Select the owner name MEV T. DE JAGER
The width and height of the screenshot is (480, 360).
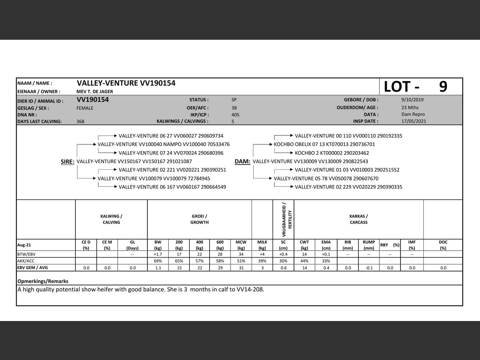click(x=94, y=91)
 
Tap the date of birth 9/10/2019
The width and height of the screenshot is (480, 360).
click(x=412, y=100)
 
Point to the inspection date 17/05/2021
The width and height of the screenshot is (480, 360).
click(x=414, y=121)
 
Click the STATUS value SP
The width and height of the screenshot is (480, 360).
click(x=234, y=100)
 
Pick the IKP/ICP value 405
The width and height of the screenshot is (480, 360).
click(x=235, y=115)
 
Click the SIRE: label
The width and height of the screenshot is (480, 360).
click(x=67, y=162)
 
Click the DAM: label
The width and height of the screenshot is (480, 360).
click(x=242, y=162)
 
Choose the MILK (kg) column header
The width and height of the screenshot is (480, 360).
click(x=262, y=245)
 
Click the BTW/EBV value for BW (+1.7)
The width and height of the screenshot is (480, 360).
click(x=158, y=254)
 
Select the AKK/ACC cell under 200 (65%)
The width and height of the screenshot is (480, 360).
click(x=179, y=261)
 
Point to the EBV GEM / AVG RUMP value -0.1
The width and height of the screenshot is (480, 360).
click(x=369, y=268)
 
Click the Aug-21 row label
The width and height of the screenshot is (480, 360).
click(x=24, y=245)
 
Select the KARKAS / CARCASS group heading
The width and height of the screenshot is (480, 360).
click(x=358, y=219)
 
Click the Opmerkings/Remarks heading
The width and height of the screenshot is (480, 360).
click(x=43, y=281)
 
